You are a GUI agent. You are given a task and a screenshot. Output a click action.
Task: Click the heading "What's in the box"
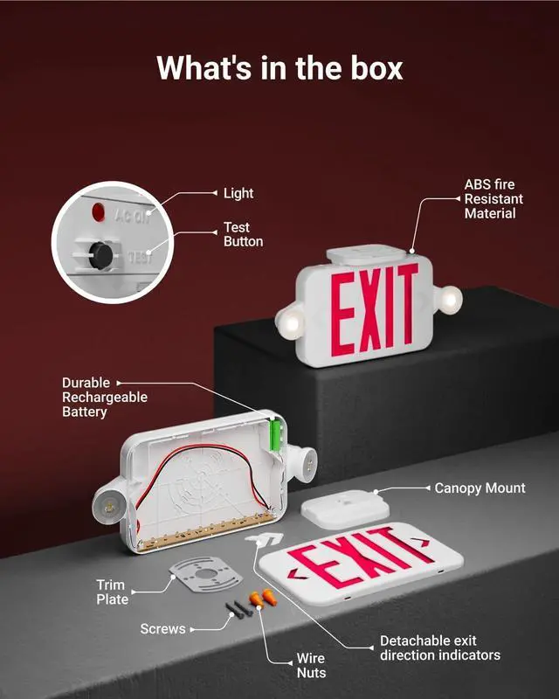pos(279,67)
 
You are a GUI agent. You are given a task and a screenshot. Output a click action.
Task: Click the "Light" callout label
pos(238,193)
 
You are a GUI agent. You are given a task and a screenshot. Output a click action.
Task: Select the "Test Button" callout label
pos(243,235)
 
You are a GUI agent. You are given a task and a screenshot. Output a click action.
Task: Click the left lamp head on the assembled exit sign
pos(292,323)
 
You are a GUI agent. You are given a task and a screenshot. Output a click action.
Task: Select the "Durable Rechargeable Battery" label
pos(104,397)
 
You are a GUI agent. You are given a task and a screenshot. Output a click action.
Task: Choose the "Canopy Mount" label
pos(480,488)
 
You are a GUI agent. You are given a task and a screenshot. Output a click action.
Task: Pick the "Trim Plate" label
pos(112,592)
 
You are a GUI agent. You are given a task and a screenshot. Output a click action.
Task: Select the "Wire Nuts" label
pos(310,665)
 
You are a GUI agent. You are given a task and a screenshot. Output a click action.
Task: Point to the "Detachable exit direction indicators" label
pos(439,647)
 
